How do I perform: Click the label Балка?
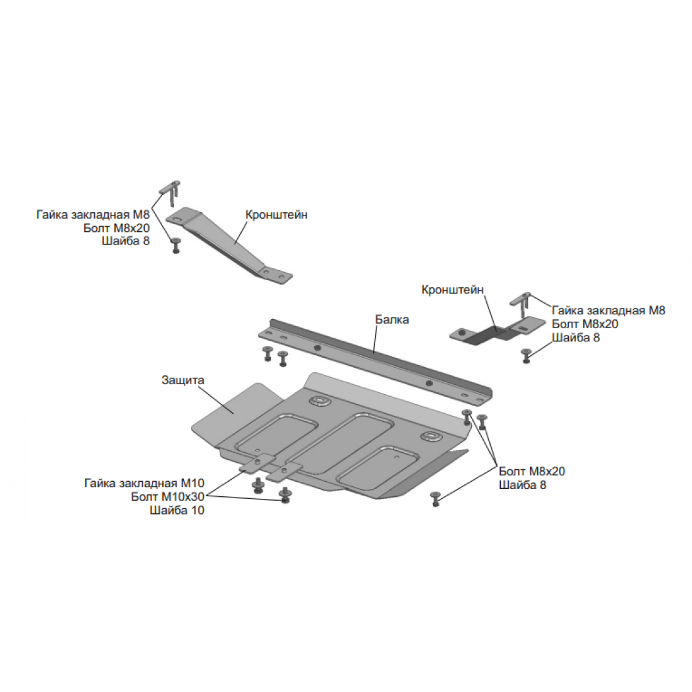tap(392, 320)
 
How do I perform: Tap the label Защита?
tap(183, 380)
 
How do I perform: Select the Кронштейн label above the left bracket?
tap(276, 215)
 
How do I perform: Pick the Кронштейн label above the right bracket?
tap(452, 290)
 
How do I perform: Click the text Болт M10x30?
tap(167, 497)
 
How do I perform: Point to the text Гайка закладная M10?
tap(144, 483)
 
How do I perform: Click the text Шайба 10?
tap(177, 511)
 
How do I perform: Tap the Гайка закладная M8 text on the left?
tap(93, 215)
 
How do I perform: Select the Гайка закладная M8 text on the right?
tap(608, 310)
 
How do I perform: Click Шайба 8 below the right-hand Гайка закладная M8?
tap(576, 337)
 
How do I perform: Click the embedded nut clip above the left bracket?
tap(170, 192)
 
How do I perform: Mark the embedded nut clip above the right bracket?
tap(521, 304)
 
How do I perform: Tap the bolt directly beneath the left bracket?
tap(176, 245)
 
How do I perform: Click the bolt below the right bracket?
tap(525, 356)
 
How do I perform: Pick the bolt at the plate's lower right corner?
tap(436, 499)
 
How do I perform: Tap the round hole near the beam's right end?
tap(428, 383)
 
